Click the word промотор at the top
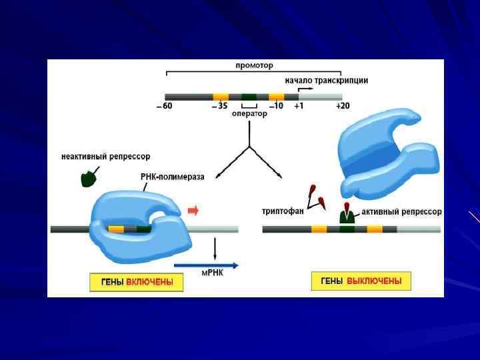click(x=254, y=65)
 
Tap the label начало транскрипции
click(x=327, y=81)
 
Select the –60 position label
click(x=164, y=106)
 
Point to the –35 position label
click(x=219, y=106)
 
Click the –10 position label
click(x=276, y=106)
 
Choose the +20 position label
click(x=343, y=106)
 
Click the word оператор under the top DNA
click(x=249, y=114)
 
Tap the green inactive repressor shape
click(x=87, y=178)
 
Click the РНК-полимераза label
click(x=173, y=177)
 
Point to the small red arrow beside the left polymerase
click(x=193, y=211)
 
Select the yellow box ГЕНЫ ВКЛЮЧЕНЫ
click(x=136, y=283)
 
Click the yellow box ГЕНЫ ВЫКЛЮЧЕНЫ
click(x=361, y=281)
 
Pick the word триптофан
click(x=283, y=211)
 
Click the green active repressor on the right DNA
click(x=347, y=217)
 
